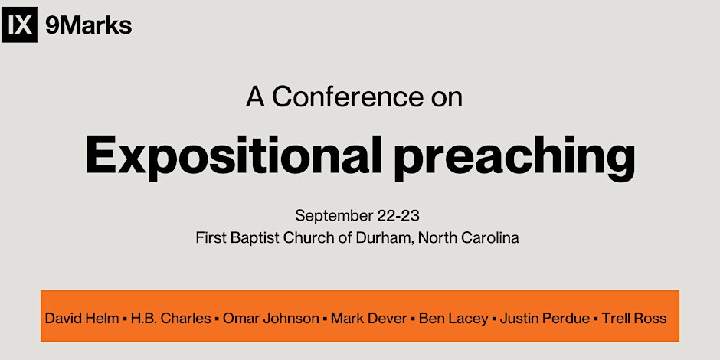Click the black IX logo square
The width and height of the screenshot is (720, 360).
(19, 25)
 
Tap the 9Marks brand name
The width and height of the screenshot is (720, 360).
(89, 26)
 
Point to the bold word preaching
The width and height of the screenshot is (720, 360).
(515, 156)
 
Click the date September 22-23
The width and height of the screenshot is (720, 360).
(357, 215)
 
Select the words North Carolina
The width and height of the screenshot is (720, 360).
(469, 238)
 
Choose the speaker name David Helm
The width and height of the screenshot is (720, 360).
(82, 318)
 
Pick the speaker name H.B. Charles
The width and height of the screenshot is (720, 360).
(172, 318)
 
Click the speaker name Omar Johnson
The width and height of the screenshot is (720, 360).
(271, 318)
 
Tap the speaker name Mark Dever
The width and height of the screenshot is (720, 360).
(368, 318)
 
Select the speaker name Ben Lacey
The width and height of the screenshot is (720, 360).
(453, 318)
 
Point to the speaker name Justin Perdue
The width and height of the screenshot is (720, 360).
(545, 318)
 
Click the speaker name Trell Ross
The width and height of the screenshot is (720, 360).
(634, 318)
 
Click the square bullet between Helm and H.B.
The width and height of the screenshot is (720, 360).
(125, 318)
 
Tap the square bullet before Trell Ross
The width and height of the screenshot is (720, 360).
(596, 318)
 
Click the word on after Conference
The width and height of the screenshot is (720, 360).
(447, 99)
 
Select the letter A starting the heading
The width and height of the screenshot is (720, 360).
(255, 97)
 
